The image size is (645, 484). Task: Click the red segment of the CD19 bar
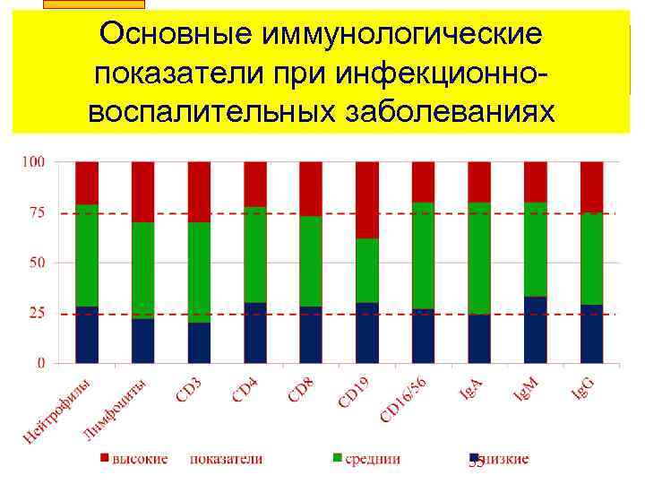(x=367, y=199)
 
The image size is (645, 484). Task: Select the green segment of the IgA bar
(x=479, y=258)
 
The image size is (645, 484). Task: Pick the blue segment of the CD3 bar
(x=199, y=342)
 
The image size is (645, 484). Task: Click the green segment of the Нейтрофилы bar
(x=87, y=255)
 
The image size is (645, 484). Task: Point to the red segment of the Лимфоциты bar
(x=142, y=192)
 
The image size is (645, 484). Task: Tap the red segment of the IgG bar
(x=591, y=186)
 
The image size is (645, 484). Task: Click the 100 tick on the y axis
(x=34, y=162)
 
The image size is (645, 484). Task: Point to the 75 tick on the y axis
(x=37, y=213)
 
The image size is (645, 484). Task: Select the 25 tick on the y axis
(x=37, y=314)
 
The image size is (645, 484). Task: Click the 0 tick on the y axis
(x=41, y=364)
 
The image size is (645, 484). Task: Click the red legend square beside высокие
(x=104, y=459)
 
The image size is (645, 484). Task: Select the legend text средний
(x=373, y=459)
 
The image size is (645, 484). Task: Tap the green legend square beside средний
(x=338, y=459)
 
